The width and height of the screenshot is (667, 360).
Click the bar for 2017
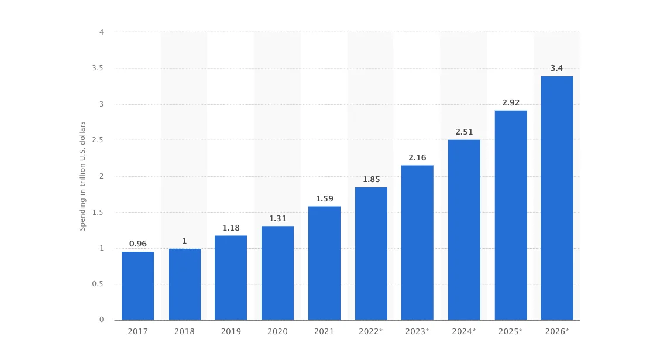click(x=137, y=286)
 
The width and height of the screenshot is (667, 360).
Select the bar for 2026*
click(x=556, y=198)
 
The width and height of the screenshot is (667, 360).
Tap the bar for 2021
click(x=324, y=263)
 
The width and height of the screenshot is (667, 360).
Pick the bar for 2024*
click(x=464, y=229)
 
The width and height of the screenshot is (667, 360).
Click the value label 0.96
click(x=137, y=244)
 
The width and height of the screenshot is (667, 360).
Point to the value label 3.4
click(x=556, y=68)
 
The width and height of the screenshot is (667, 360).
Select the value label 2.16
click(x=417, y=157)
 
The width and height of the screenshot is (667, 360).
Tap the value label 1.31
click(x=277, y=218)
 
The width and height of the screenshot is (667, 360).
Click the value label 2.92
click(x=511, y=102)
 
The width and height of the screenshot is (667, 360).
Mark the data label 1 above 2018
click(x=184, y=241)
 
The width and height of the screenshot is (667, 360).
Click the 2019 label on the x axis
click(x=231, y=331)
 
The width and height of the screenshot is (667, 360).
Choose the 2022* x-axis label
click(x=370, y=331)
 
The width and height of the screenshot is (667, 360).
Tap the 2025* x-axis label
click(x=511, y=331)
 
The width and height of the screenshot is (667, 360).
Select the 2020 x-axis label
click(x=277, y=331)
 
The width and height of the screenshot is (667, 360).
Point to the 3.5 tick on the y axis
click(x=98, y=68)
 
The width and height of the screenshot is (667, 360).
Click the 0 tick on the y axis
click(x=101, y=320)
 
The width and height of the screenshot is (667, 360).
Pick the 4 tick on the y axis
click(x=101, y=32)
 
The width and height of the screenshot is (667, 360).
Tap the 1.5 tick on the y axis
click(x=98, y=212)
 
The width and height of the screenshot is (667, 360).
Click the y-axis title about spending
click(x=82, y=176)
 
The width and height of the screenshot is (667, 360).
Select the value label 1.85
click(x=371, y=179)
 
